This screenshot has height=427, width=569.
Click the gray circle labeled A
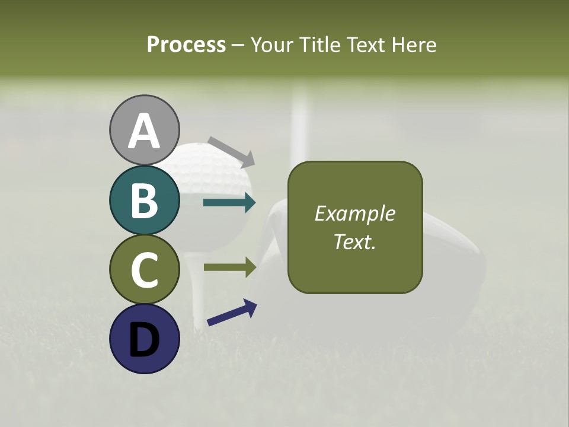coord(144,130)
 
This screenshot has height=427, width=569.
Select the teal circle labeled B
coord(144,200)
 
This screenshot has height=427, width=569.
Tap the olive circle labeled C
coord(144,269)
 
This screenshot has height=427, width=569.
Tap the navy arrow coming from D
coord(232,313)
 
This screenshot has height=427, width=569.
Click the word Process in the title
coord(186,44)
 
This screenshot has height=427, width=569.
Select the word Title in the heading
coord(321,44)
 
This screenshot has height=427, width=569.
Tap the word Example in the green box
coord(354,213)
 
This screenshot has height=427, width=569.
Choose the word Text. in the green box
coord(354,241)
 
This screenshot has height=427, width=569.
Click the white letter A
coord(144,131)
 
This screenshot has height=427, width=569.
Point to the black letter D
coord(144,339)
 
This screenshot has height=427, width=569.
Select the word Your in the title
coord(271,44)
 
